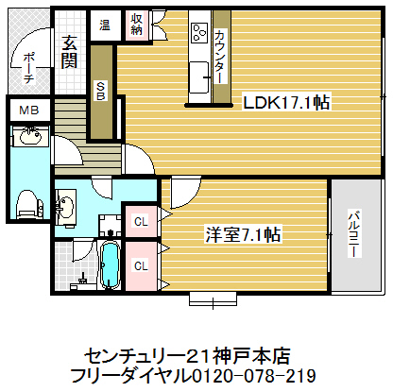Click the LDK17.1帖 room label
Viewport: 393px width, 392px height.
(x=286, y=103)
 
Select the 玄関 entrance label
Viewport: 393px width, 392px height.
(x=70, y=52)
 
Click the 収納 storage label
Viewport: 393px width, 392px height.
(x=137, y=25)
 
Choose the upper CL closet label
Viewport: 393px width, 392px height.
(x=141, y=222)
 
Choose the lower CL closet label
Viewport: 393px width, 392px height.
(x=141, y=265)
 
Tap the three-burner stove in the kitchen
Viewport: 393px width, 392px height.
(x=199, y=32)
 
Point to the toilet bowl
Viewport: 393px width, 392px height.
(x=27, y=202)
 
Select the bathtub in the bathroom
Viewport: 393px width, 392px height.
(x=108, y=266)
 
